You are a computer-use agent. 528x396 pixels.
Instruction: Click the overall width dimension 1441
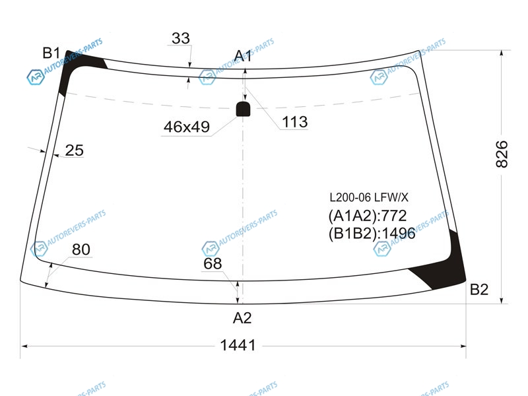(x=238, y=345)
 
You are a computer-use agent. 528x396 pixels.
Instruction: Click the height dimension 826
(x=502, y=154)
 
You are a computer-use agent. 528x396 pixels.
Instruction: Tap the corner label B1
(x=51, y=53)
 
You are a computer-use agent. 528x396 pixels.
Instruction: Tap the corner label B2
(x=479, y=289)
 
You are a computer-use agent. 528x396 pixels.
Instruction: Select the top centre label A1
(x=243, y=55)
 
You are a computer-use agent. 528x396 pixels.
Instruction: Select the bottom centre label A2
(x=242, y=317)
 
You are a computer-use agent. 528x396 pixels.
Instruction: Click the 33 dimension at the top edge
(x=181, y=38)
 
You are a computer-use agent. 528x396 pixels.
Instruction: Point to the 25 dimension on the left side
(x=74, y=150)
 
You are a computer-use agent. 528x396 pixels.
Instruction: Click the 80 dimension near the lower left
(x=81, y=249)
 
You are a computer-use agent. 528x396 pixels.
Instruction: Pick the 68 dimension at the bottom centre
(x=213, y=263)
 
